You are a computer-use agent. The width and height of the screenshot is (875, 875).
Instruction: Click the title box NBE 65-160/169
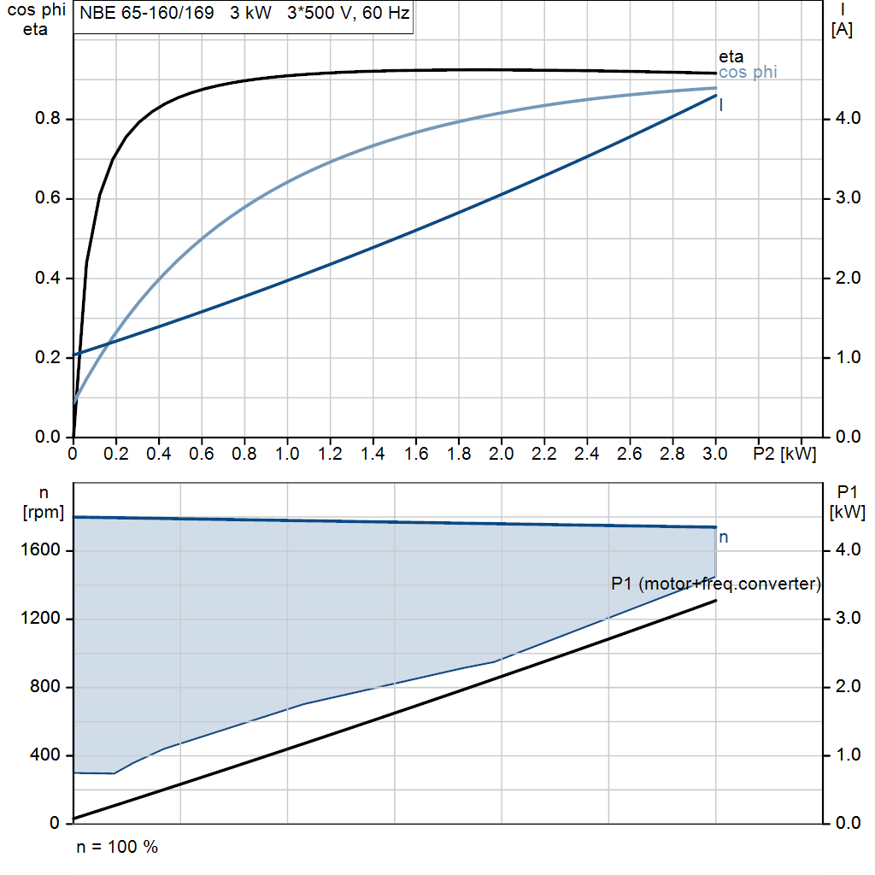[244, 16]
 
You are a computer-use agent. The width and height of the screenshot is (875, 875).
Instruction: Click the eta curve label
[731, 57]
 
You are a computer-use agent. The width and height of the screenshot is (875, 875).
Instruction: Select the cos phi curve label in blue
[748, 73]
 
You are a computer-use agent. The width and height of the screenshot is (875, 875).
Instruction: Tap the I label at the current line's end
[722, 105]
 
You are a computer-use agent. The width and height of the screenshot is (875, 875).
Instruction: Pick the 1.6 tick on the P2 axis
[415, 453]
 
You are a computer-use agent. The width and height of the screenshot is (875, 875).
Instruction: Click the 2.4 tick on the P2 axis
[587, 453]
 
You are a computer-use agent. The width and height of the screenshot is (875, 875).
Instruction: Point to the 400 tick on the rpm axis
[47, 755]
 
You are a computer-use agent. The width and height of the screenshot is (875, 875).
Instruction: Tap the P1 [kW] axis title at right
[847, 502]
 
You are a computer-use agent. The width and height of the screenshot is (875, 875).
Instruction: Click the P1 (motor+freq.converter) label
[716, 584]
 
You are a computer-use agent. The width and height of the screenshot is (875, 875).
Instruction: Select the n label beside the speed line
[724, 537]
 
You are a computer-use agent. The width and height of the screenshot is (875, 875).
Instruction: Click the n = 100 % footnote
[117, 847]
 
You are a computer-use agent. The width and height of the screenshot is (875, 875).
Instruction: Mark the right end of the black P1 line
[715, 601]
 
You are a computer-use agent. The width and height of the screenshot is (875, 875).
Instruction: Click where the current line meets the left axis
[74, 355]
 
